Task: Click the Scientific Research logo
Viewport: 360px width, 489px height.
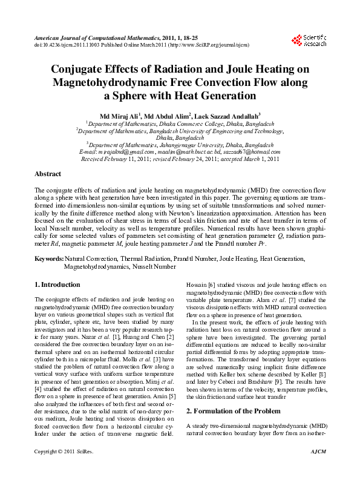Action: (309, 41)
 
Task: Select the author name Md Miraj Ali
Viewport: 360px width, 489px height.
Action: (119, 115)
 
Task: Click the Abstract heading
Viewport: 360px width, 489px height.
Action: (48, 174)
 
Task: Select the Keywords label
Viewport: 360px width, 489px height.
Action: (48, 258)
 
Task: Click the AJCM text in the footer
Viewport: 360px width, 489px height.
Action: (318, 469)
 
